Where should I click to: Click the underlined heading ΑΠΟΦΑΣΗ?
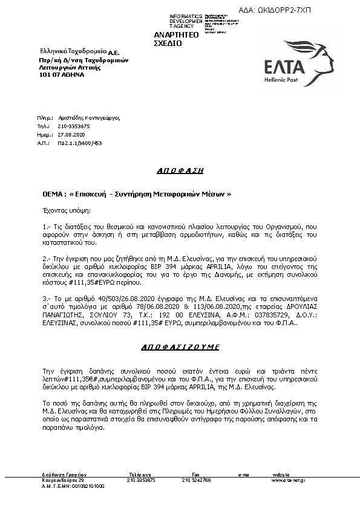(179, 170)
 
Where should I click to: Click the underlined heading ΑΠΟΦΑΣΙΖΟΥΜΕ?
(180, 348)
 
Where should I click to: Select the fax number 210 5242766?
(196, 480)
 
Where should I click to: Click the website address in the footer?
(287, 480)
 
